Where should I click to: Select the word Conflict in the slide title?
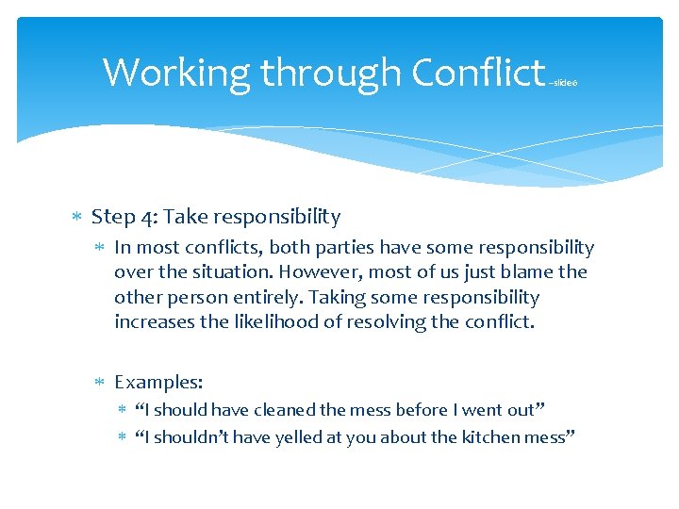[478, 73]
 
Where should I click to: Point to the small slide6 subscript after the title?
[563, 83]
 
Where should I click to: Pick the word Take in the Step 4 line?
[187, 217]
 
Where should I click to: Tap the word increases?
[150, 322]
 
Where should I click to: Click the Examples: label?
[158, 382]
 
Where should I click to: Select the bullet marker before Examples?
[100, 383]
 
